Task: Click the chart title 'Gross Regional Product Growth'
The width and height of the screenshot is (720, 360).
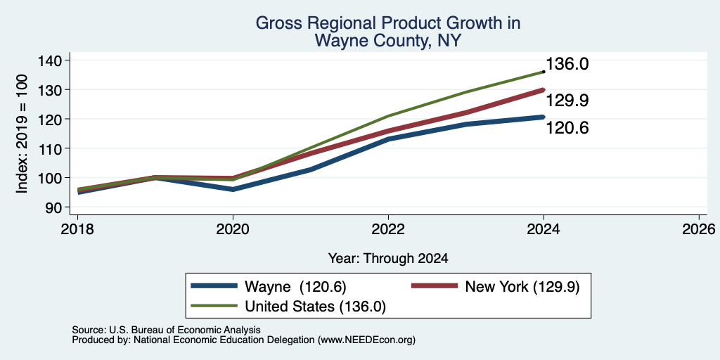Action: [x=388, y=22]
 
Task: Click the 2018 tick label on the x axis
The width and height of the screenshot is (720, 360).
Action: [x=77, y=229]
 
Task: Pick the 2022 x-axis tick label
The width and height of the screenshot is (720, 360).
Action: [x=388, y=229]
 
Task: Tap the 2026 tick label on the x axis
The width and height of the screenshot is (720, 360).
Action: [x=699, y=229]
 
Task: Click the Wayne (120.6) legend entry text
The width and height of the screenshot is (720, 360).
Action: [x=295, y=287]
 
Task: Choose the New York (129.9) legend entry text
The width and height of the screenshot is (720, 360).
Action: [x=522, y=287]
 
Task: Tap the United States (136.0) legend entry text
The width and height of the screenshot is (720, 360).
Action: [x=315, y=307]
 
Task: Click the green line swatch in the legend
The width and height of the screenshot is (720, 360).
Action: [x=214, y=306]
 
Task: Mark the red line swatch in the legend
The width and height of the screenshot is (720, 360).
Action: [x=435, y=286]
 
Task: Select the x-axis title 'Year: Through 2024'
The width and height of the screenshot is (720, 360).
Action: [x=388, y=259]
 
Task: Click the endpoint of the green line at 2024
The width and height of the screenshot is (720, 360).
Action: [x=544, y=72]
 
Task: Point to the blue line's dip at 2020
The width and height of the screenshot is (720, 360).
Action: [x=233, y=189]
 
